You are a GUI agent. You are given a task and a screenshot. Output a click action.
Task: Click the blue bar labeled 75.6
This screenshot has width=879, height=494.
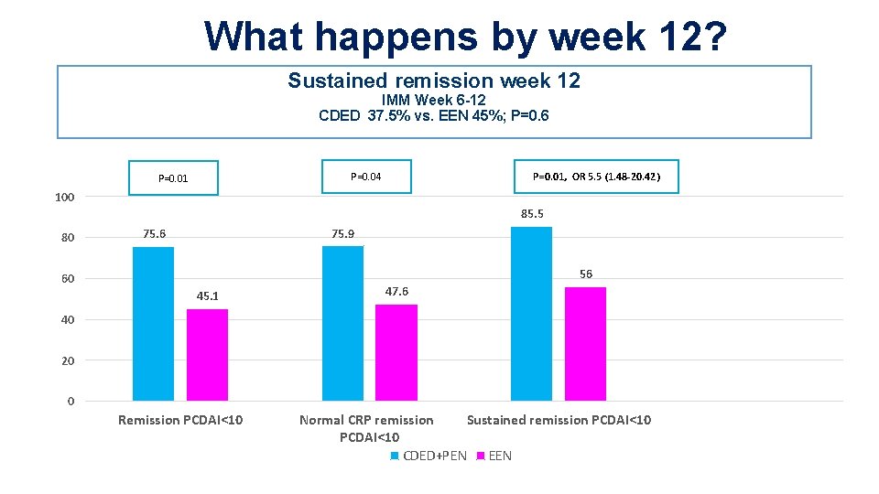coord(153,324)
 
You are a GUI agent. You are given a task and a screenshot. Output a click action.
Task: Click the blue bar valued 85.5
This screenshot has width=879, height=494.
coord(531,314)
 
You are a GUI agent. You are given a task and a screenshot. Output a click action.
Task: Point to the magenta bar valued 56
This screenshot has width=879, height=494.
coord(585,344)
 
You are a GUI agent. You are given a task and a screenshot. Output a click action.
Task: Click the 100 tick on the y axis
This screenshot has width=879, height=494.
coord(64,197)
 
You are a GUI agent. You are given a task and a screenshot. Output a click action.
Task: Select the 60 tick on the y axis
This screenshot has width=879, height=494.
coord(68,279)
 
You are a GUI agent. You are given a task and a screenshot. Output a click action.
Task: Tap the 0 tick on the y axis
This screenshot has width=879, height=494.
coord(71,402)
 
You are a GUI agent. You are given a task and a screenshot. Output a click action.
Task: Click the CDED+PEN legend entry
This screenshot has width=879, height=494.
coord(428,456)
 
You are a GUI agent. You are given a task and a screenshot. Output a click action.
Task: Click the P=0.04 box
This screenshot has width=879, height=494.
coord(366,177)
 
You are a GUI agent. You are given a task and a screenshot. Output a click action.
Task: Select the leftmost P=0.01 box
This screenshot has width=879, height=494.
coord(173,178)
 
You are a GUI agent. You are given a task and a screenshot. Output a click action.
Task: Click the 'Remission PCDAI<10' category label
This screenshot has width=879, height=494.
coord(180,420)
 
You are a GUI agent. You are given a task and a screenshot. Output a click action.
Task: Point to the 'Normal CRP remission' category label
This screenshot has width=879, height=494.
coord(366,420)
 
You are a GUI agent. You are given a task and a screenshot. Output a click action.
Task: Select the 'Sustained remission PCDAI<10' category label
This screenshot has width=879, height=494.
coord(559,420)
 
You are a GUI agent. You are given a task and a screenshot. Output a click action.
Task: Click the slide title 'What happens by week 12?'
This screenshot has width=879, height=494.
coord(466,36)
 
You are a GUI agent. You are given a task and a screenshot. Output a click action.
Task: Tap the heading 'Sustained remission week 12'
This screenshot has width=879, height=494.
coord(434,81)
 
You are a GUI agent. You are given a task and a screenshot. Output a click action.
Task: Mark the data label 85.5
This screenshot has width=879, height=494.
coord(532,214)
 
